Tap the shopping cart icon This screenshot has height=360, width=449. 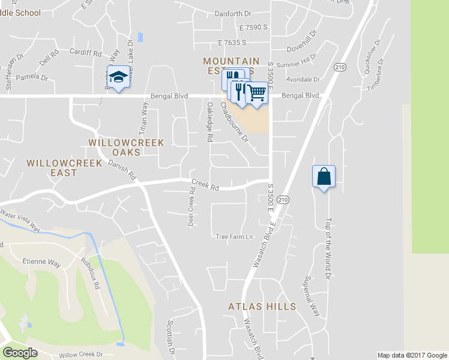(256, 93)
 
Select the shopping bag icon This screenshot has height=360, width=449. (324, 177)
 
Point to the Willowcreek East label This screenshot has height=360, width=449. (52, 168)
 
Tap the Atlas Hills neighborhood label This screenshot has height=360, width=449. (262, 307)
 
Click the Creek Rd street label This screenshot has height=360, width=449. (205, 185)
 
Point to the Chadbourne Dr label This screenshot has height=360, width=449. (234, 122)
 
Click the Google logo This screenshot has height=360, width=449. (20, 353)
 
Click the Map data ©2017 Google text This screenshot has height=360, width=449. (412, 355)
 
